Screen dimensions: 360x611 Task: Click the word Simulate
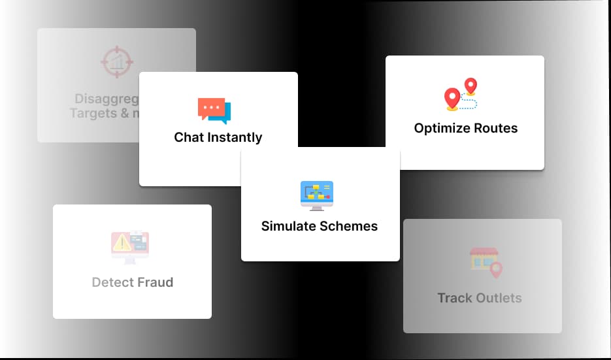tap(289, 226)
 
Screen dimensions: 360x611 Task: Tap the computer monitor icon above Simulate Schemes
tap(317, 195)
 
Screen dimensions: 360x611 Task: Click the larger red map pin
tap(452, 99)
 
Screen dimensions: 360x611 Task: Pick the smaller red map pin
tap(470, 86)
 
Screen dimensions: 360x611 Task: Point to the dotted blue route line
tap(469, 103)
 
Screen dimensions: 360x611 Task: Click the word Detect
tap(112, 282)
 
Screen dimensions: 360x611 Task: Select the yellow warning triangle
tap(122, 244)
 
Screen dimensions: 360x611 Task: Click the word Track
tap(455, 298)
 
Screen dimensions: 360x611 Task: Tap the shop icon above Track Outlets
tap(484, 260)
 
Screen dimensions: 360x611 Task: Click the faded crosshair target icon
tap(117, 61)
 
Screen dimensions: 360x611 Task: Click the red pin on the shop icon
tap(496, 269)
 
